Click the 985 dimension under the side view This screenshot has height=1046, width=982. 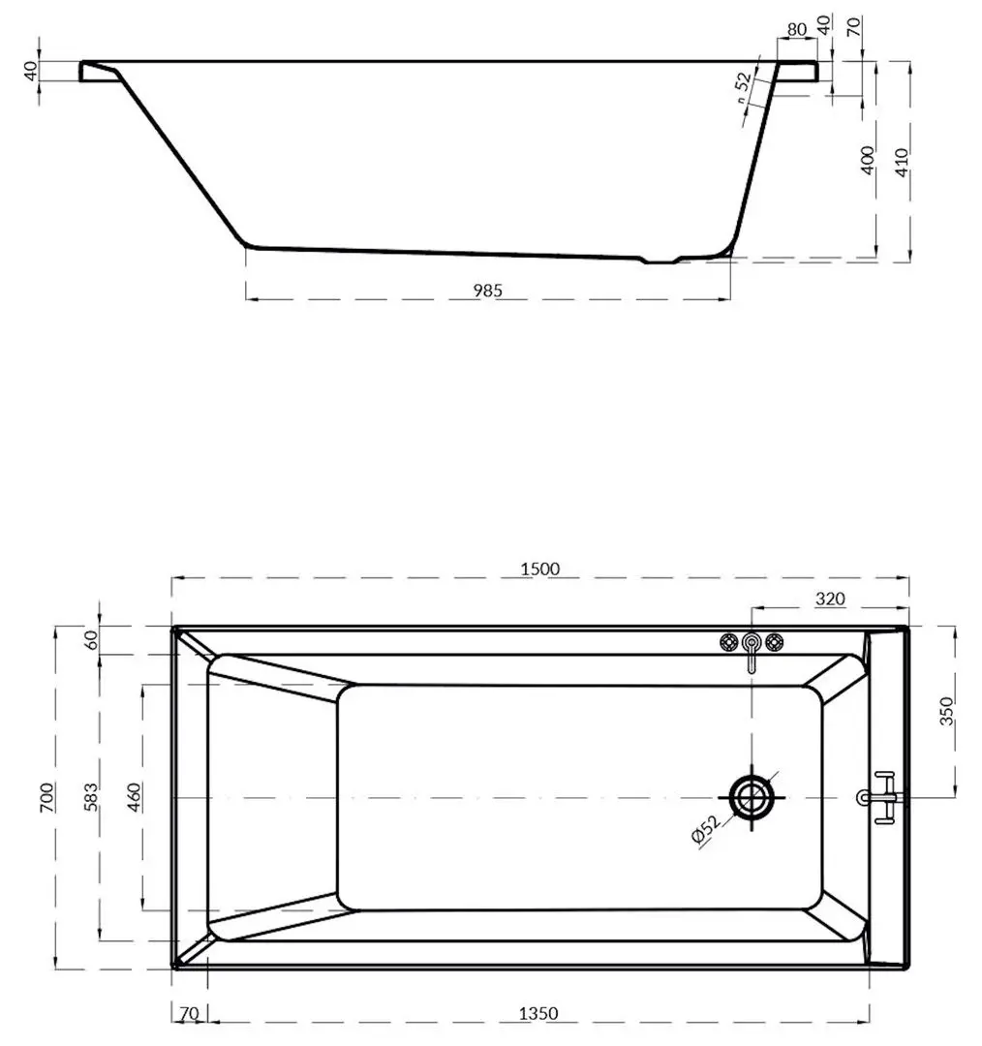tap(487, 290)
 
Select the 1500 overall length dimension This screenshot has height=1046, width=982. tap(539, 569)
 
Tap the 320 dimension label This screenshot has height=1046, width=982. tap(830, 600)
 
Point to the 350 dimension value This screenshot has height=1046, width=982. tap(946, 711)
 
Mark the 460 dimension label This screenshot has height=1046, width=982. tap(135, 797)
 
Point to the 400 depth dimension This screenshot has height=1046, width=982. tap(868, 160)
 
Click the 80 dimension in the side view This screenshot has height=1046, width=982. tap(797, 30)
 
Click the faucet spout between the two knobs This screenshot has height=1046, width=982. tap(752, 651)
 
